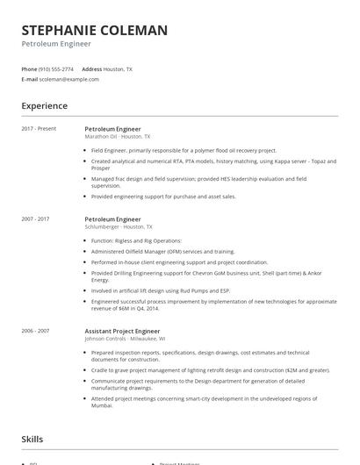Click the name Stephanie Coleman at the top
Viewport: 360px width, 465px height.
point(94,30)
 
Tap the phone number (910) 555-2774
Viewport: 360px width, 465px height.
point(57,68)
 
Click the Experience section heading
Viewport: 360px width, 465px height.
point(44,106)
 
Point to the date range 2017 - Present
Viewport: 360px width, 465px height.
point(39,129)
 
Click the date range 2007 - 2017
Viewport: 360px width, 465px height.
point(35,218)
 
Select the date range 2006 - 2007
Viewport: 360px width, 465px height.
point(35,331)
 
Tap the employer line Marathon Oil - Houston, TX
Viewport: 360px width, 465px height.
point(118,137)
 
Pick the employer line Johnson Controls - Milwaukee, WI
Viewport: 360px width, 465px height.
point(125,339)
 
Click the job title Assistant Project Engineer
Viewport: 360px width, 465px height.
point(122,331)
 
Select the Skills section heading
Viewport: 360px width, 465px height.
point(32,439)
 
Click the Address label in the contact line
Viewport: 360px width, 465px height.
point(91,68)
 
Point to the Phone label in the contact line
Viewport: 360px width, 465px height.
point(29,68)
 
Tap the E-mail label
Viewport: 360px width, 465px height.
point(29,79)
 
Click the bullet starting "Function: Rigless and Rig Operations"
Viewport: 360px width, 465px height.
point(136,240)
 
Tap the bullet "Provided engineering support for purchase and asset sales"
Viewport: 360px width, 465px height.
point(163,197)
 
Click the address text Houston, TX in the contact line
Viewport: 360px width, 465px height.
point(119,68)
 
